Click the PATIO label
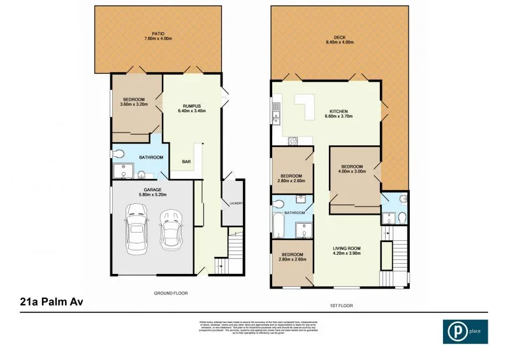click(158, 33)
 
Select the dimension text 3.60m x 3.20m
click(134, 104)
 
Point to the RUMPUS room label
click(192, 106)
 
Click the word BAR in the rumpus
click(187, 162)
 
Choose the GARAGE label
click(150, 190)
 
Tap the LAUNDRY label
click(237, 204)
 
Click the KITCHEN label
click(339, 111)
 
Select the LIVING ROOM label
click(347, 248)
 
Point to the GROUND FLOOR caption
click(170, 294)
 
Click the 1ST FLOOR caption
click(342, 305)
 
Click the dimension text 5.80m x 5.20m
click(150, 196)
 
